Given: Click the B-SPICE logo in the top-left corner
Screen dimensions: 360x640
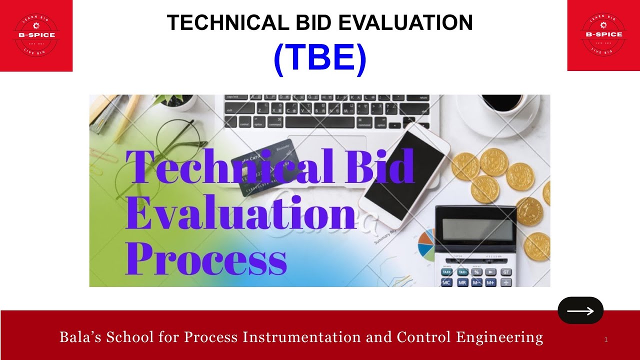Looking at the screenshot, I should coord(36,35).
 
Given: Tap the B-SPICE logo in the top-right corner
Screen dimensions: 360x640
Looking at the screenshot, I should coord(604,35).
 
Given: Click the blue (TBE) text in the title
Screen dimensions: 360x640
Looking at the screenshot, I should coord(320,59).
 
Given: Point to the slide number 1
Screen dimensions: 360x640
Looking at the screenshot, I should coord(606,340).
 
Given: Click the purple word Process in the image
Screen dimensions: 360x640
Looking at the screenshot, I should coord(206,258).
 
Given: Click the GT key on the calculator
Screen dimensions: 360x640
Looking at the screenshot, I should coord(505,272).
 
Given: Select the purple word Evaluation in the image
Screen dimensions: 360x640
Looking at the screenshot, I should coord(240,212).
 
